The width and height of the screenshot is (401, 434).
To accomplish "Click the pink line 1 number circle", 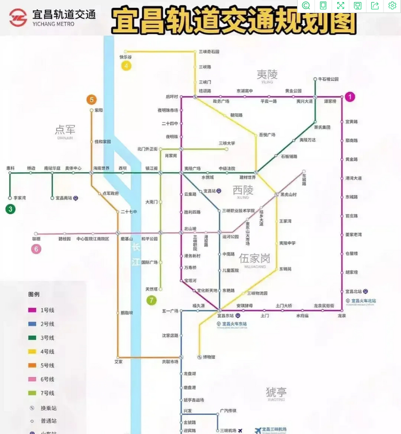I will (x=350, y=97).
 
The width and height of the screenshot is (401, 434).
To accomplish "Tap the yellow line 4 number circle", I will (x=126, y=66).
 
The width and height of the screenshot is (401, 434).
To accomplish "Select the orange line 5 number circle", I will (x=91, y=100).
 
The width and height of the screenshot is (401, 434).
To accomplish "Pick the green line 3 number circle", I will (x=11, y=209).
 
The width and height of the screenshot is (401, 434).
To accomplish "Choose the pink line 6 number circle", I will (x=36, y=249).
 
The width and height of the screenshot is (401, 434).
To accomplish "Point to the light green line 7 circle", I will (x=152, y=300).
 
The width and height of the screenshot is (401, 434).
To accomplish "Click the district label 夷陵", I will (x=267, y=74).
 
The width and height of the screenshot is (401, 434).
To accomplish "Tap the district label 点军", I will (x=65, y=130).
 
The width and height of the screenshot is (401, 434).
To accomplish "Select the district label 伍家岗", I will (x=255, y=259).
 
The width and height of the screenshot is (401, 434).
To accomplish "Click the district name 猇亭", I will (x=276, y=392).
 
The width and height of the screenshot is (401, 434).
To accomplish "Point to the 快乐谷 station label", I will (x=125, y=57).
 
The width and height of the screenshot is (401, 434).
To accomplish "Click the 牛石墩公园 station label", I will (x=328, y=79).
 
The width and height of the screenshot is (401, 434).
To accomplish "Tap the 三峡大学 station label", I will (x=227, y=143).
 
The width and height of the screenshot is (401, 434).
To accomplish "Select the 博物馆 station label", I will (x=209, y=357).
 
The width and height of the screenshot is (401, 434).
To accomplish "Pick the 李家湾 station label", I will (x=20, y=198).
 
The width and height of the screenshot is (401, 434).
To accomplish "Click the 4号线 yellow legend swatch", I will (x=32, y=352).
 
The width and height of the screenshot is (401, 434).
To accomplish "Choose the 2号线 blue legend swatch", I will (x=32, y=324).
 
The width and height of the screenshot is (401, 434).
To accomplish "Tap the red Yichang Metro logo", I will (x=18, y=17).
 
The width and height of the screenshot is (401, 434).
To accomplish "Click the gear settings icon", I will (x=392, y=5).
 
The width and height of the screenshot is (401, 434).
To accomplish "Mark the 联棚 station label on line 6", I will (x=36, y=239).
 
